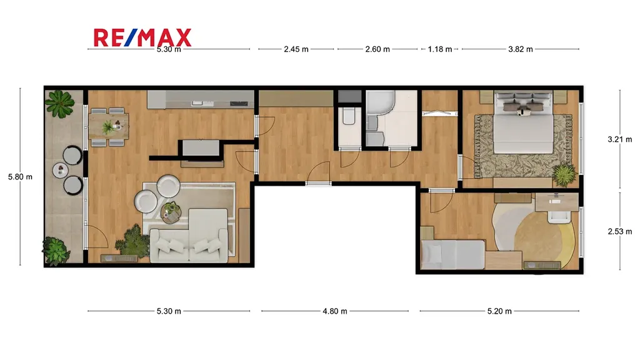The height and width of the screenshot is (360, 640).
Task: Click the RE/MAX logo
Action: coord(142,37)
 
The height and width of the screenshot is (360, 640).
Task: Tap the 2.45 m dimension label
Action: coord(296,49)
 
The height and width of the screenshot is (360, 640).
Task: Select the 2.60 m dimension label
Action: coord(377,49)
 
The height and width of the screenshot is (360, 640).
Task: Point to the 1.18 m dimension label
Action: coord(440,49)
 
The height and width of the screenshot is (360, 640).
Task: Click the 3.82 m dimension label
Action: coord(521,49)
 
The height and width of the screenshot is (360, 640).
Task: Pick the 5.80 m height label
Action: coord(20,177)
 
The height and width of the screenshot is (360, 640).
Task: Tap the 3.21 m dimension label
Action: coord(619,139)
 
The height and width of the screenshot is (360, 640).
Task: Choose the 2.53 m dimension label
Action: coord(619,231)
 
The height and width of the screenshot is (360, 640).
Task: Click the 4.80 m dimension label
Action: coord(335,311)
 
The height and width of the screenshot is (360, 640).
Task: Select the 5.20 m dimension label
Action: coord(499,311)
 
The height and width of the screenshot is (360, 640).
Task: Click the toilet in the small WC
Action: coord(349,116)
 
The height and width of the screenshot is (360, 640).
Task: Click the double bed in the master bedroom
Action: coord(523,122)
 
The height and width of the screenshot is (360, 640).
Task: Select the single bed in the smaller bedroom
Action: coord(452,254)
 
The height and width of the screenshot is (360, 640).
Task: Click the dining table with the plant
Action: coord(109,126)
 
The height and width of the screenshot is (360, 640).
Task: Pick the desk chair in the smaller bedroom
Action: coord(559,215)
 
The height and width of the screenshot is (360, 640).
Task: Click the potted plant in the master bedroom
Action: coord(564,175)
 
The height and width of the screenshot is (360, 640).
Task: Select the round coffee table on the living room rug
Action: coord(171,212)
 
